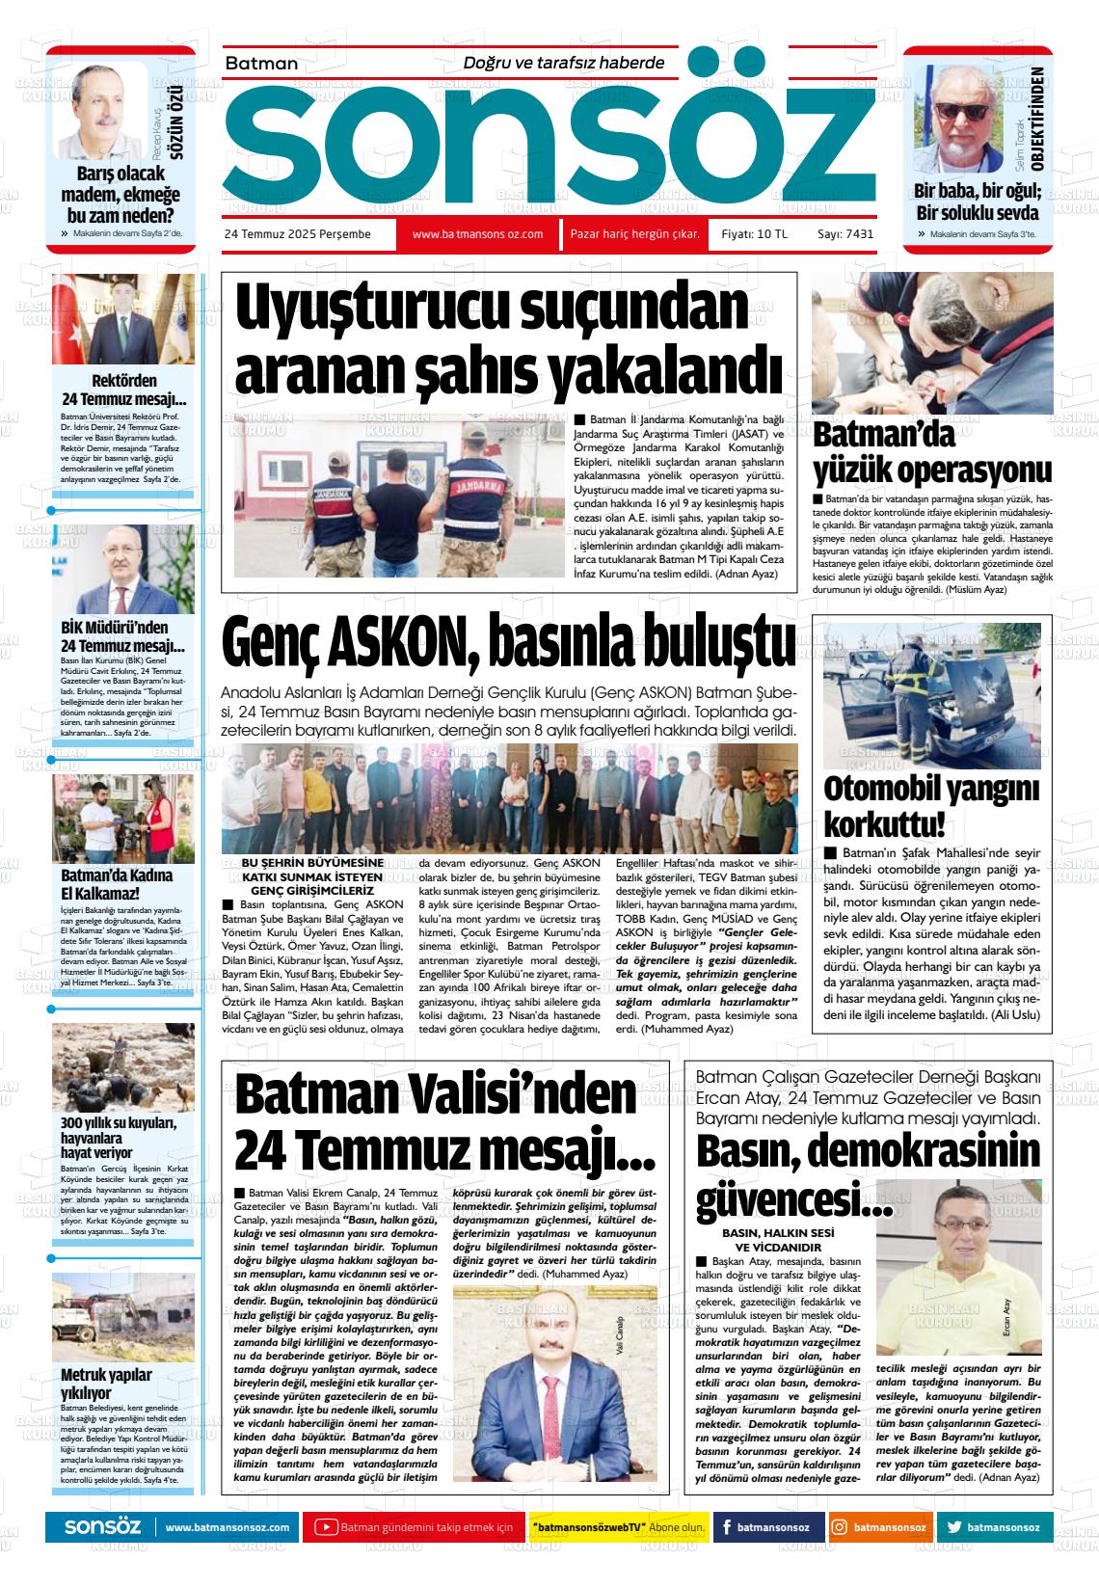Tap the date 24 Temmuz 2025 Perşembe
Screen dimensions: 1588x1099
click(x=297, y=234)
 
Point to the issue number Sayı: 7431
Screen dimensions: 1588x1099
click(x=844, y=234)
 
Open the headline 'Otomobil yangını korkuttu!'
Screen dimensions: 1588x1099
click(x=930, y=806)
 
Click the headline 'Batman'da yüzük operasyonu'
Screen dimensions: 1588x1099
click(x=931, y=453)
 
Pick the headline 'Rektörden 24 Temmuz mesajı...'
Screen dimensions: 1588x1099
click(x=123, y=390)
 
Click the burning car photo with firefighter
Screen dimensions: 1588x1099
click(x=925, y=683)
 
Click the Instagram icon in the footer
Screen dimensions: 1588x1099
click(x=840, y=1527)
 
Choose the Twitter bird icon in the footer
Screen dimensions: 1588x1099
click(x=954, y=1527)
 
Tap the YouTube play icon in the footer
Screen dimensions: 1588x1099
click(x=327, y=1527)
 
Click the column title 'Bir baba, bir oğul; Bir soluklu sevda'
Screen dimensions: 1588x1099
click(x=976, y=202)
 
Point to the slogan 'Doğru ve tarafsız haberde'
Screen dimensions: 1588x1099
click(x=564, y=63)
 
